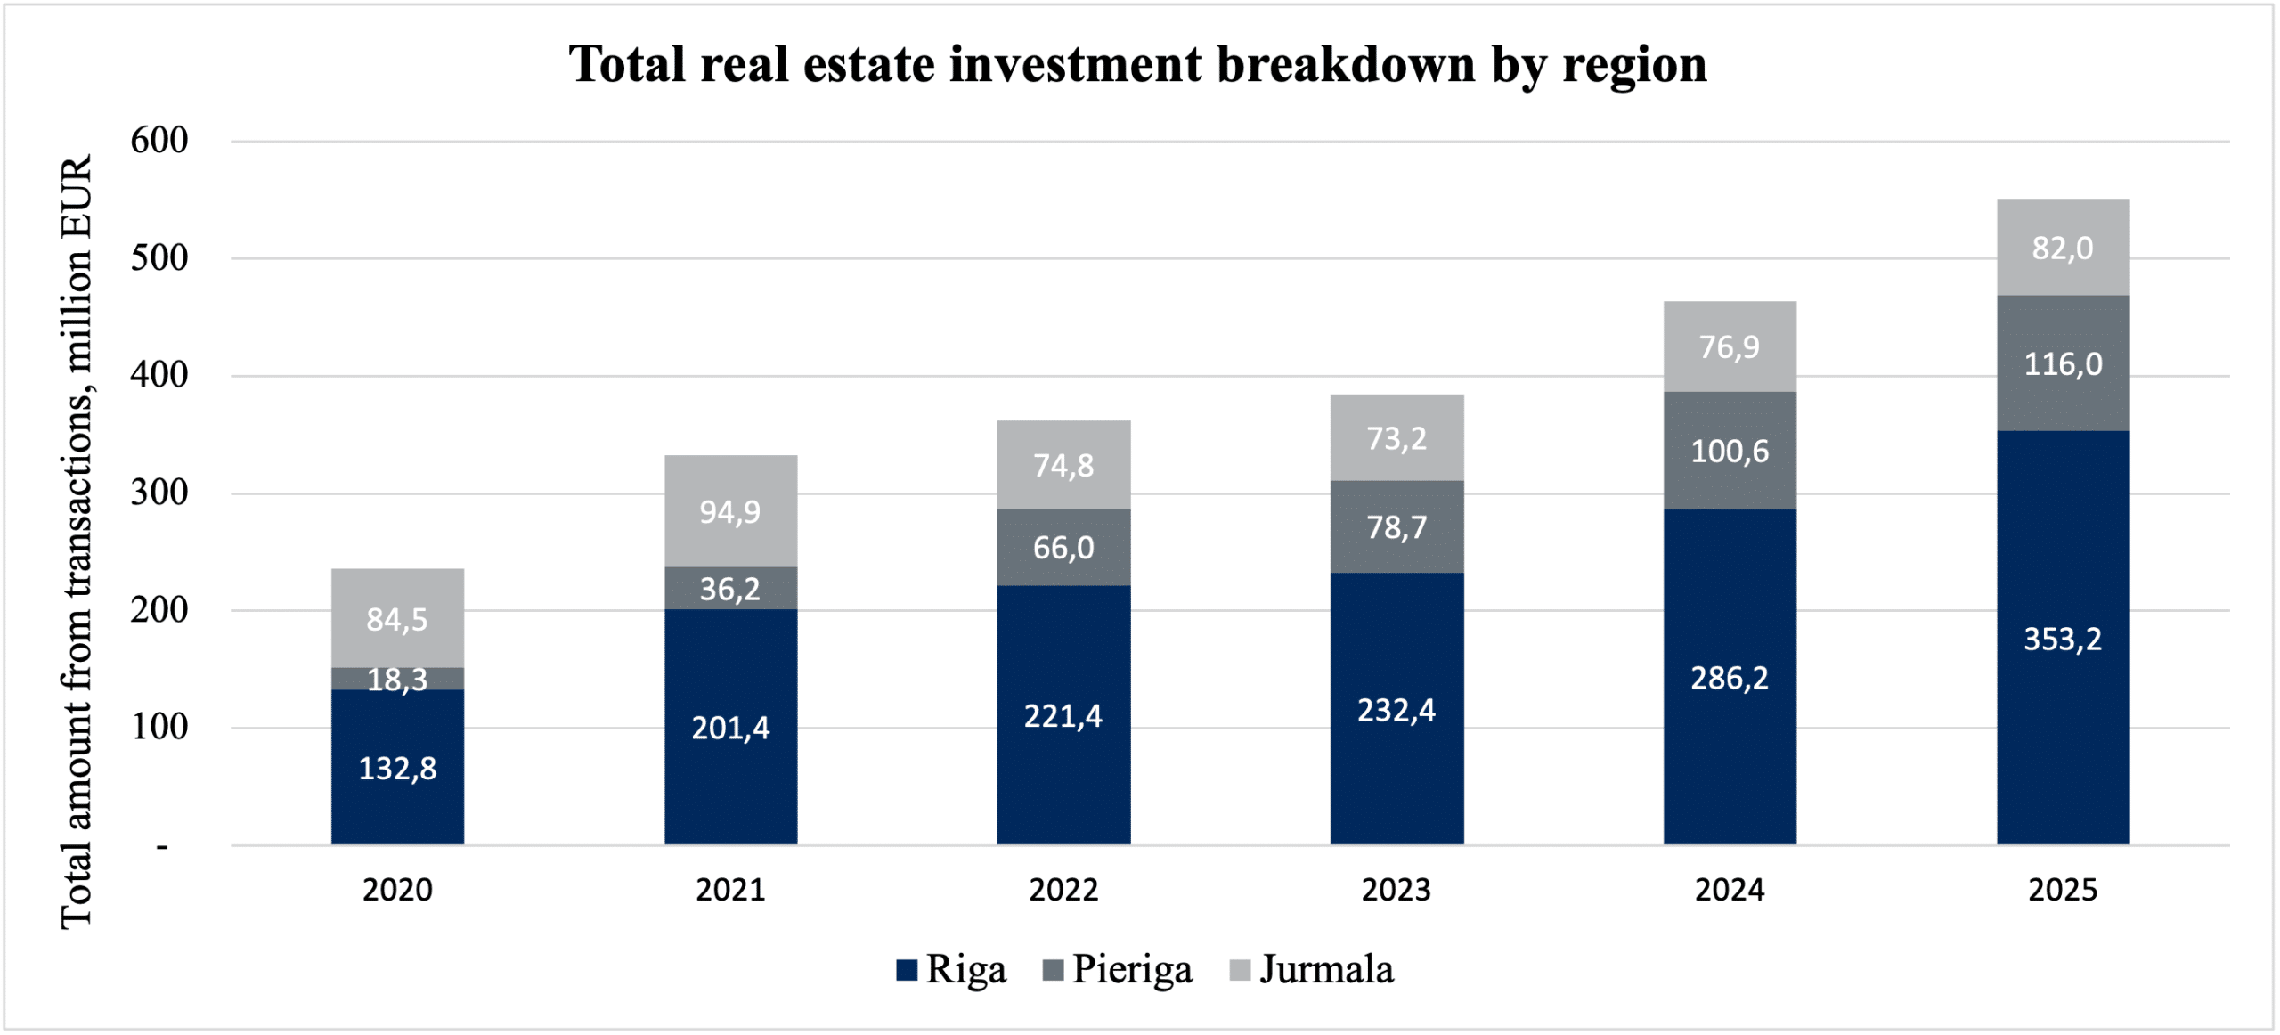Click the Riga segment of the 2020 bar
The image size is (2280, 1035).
397,767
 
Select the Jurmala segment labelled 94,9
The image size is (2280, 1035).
730,511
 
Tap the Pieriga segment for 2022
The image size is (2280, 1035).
1063,547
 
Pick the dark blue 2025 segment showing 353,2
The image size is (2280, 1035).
2063,638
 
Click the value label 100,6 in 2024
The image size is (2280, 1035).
1730,452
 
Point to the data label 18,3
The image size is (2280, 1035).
397,680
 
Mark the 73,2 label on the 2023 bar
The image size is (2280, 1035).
1396,438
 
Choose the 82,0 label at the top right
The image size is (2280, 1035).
2063,248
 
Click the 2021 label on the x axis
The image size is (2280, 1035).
730,890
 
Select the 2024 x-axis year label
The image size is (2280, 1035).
1730,890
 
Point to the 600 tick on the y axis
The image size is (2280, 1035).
159,141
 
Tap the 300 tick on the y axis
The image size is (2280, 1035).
159,493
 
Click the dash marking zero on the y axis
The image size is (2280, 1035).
162,845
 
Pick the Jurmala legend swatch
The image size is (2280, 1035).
1240,970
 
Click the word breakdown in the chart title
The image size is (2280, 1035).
1346,64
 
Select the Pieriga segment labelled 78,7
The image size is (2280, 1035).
1396,527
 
